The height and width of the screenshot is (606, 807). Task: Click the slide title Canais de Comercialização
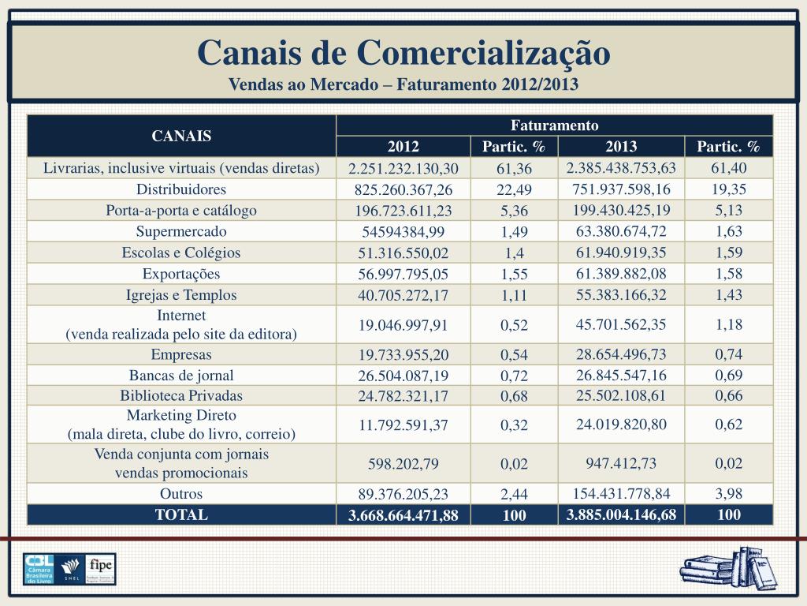point(403,53)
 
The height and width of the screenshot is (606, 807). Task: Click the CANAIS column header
point(181,136)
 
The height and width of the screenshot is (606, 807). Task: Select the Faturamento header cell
point(555,125)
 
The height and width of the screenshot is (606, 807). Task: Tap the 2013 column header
point(621,147)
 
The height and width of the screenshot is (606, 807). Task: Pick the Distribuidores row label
point(181,189)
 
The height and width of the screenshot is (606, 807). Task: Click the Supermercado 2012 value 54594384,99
point(403,232)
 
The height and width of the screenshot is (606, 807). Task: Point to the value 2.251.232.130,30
point(403,169)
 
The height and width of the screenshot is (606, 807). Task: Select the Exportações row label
point(181,275)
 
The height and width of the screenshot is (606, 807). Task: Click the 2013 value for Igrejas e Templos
point(621,295)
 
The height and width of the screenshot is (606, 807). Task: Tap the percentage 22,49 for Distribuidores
point(514,190)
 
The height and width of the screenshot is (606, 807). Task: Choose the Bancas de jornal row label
point(181,376)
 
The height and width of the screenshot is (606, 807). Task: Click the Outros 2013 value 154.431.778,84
point(621,494)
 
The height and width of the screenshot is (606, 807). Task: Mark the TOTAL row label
point(181,515)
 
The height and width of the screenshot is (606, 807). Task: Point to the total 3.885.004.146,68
point(621,515)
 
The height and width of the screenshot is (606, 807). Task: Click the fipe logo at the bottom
point(102,568)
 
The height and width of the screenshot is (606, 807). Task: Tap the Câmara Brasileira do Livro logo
point(38,569)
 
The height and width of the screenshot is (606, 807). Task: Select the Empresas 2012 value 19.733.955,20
point(403,355)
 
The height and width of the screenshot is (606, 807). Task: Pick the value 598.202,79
point(403,464)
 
